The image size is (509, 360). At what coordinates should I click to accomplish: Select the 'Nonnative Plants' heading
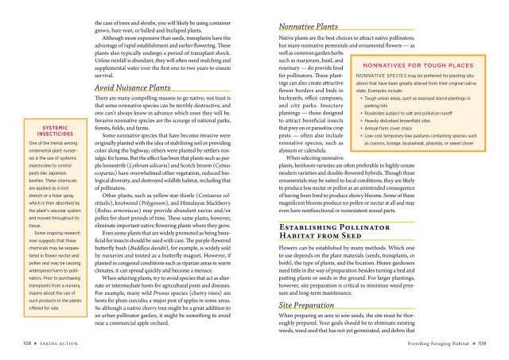coord(310,27)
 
